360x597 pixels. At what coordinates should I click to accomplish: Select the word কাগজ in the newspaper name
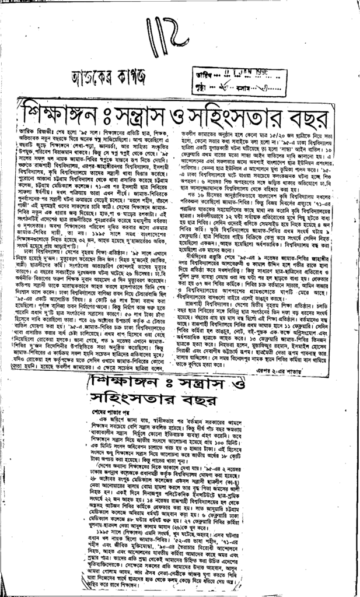(x=139, y=76)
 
